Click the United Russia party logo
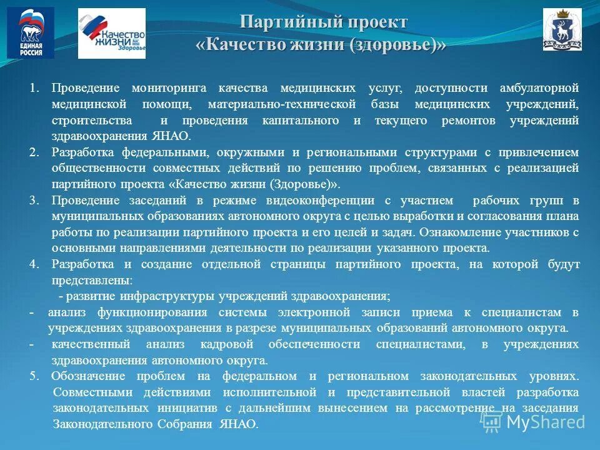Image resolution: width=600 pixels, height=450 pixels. (x=30, y=33)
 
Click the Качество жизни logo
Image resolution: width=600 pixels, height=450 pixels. (x=111, y=33)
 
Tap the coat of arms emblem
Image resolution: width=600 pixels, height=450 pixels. (x=562, y=29)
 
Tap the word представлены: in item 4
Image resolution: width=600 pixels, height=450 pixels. (x=91, y=281)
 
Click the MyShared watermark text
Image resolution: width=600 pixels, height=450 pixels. (x=546, y=422)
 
